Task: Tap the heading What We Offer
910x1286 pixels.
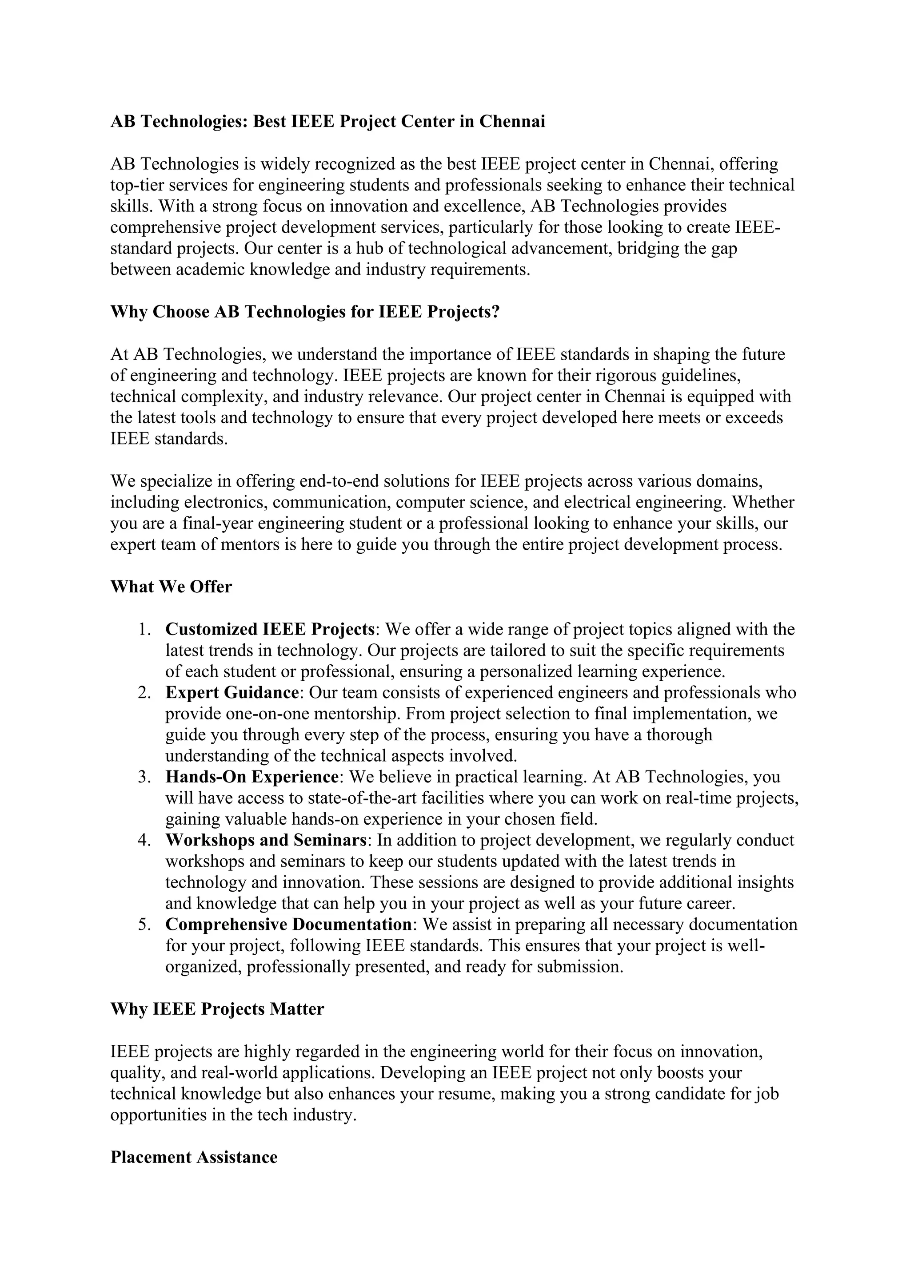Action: (171, 587)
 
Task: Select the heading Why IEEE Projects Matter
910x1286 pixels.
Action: (217, 1009)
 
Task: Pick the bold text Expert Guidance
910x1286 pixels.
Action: (231, 692)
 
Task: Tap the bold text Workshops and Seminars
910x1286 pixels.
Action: (266, 840)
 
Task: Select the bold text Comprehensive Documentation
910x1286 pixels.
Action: (288, 924)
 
